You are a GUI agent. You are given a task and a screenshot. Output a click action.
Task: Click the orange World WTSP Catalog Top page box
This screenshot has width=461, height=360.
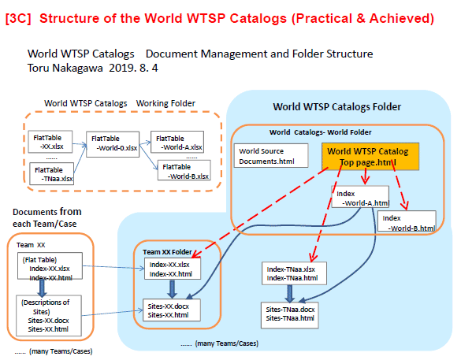point(370,157)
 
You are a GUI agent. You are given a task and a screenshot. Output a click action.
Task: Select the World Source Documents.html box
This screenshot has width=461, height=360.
point(271,156)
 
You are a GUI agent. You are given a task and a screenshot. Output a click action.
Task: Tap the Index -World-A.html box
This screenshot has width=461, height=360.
point(360,197)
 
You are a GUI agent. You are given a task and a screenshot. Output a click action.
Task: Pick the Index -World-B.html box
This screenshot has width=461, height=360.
point(407,221)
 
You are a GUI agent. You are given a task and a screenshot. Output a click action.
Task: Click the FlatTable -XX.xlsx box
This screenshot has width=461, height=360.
point(50,142)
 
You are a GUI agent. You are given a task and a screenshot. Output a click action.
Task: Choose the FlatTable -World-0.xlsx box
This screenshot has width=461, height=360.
point(113,144)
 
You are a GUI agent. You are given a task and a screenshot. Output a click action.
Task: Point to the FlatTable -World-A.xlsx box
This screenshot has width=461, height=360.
point(177,142)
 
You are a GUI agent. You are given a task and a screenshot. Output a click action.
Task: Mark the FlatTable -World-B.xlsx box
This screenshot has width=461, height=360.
point(184,170)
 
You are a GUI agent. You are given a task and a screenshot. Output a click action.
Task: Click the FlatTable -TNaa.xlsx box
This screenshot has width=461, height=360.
point(52,173)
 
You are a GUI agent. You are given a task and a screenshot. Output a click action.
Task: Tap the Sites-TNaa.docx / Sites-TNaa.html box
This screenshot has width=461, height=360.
point(289,315)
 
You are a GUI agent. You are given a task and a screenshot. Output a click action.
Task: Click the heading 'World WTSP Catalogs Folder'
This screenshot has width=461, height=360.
point(337,106)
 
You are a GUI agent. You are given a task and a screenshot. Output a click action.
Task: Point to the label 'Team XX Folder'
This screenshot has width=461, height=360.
point(167,252)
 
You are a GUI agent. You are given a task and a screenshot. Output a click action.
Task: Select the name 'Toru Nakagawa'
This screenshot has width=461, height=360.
point(65,69)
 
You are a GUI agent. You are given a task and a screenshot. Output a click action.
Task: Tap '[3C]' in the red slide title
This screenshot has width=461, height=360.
point(18,18)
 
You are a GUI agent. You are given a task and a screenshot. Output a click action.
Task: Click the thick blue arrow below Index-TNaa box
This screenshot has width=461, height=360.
point(289,294)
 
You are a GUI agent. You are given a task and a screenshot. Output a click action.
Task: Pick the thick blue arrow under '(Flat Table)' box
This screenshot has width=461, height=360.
point(42,288)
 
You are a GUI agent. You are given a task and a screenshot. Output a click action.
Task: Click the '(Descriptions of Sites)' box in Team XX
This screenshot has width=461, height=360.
point(49,316)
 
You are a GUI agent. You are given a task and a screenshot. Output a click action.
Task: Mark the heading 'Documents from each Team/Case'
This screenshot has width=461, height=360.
point(47,217)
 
